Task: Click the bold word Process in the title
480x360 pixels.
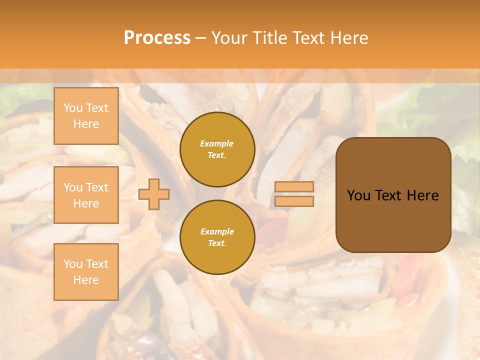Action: (x=157, y=38)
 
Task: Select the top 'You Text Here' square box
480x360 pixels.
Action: (x=86, y=116)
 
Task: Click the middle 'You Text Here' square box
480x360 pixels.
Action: (x=86, y=195)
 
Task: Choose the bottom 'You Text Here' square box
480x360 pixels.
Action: (x=86, y=272)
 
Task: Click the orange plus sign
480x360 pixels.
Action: (x=154, y=194)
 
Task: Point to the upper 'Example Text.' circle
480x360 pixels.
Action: (x=217, y=149)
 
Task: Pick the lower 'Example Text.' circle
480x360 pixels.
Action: (x=217, y=237)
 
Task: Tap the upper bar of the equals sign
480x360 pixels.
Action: (x=294, y=186)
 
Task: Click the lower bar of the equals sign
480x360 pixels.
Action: (x=294, y=201)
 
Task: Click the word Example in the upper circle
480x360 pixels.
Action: (x=217, y=144)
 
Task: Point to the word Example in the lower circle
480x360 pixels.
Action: (x=217, y=232)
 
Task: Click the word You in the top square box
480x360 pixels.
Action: (x=72, y=108)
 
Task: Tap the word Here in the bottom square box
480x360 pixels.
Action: (x=86, y=280)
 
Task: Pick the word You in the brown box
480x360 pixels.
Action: (x=358, y=195)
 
